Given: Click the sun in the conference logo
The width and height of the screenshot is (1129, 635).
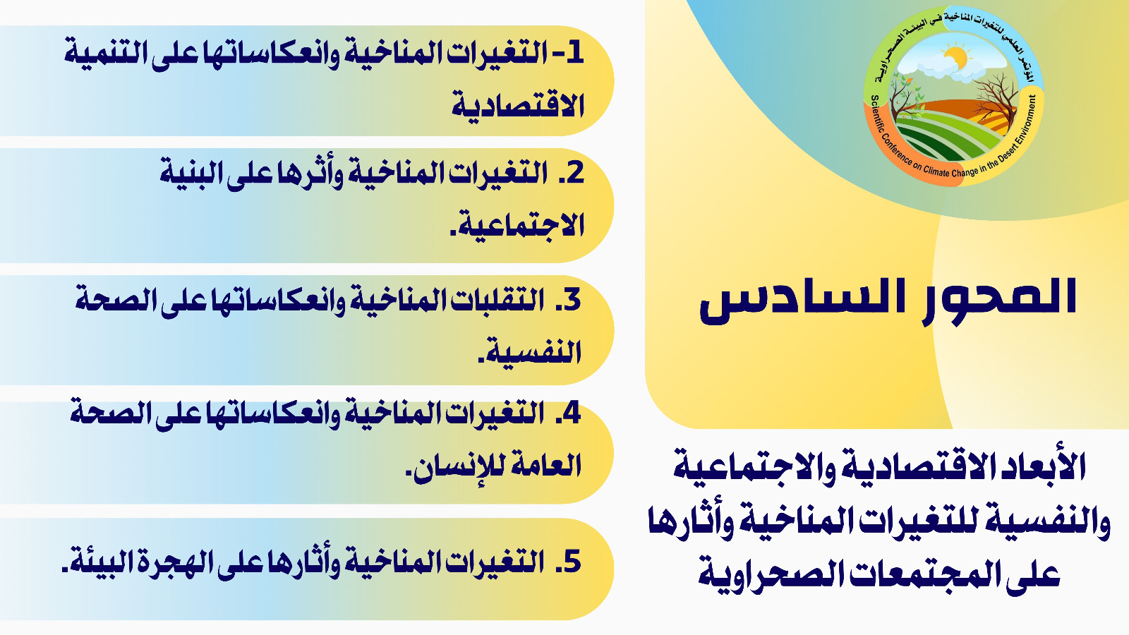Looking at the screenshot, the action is [x=954, y=57].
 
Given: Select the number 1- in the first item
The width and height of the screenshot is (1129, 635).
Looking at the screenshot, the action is [x=567, y=54].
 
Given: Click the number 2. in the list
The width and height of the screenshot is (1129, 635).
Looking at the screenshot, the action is [x=570, y=173].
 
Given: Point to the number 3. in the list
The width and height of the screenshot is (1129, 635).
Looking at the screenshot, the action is [x=567, y=299].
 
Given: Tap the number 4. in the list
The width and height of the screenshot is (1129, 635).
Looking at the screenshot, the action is [x=567, y=413].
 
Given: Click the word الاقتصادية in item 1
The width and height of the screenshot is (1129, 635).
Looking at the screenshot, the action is [x=517, y=105].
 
